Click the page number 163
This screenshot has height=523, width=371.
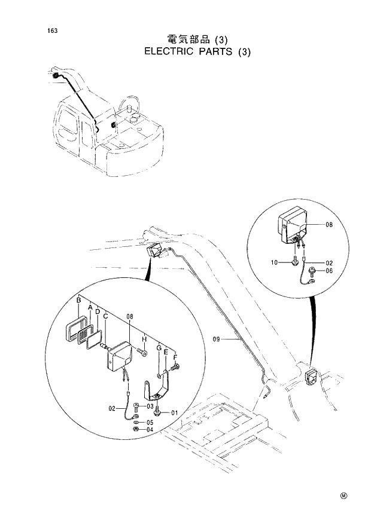tap(45, 30)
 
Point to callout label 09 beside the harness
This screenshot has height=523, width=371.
tap(217, 340)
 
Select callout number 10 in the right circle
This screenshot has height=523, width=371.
tap(273, 262)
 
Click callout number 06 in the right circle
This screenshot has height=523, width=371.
tap(329, 271)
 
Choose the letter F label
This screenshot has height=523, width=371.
tap(175, 358)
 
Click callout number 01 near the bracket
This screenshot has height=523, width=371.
tap(175, 412)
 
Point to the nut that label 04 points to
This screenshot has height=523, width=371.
tap(136, 429)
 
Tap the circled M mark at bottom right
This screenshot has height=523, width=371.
tap(343, 496)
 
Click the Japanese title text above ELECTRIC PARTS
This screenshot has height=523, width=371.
tap(197, 39)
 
